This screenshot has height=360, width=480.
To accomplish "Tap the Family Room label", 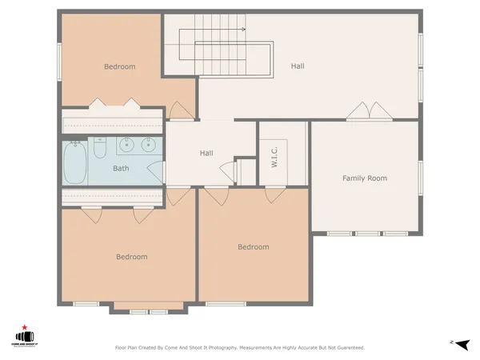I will click(x=364, y=178).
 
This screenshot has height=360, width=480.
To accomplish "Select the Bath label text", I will click(x=121, y=169).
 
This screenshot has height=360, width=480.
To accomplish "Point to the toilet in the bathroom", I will click(x=100, y=148).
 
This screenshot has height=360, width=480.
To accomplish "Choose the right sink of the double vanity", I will click(x=147, y=145).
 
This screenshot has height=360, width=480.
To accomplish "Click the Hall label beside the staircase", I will click(x=297, y=66).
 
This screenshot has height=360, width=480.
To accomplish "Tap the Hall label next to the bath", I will click(x=206, y=153).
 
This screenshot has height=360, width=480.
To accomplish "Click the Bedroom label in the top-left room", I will click(x=120, y=66).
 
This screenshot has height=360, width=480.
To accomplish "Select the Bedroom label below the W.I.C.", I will click(x=253, y=247).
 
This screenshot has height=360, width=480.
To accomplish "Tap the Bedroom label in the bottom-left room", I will click(x=131, y=257).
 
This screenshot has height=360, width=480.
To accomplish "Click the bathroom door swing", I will click(x=157, y=171).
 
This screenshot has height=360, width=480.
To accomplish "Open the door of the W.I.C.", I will click(x=274, y=193).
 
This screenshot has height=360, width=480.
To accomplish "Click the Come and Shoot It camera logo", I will click(x=24, y=338).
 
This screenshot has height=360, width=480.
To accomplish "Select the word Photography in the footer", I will click(x=215, y=348).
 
